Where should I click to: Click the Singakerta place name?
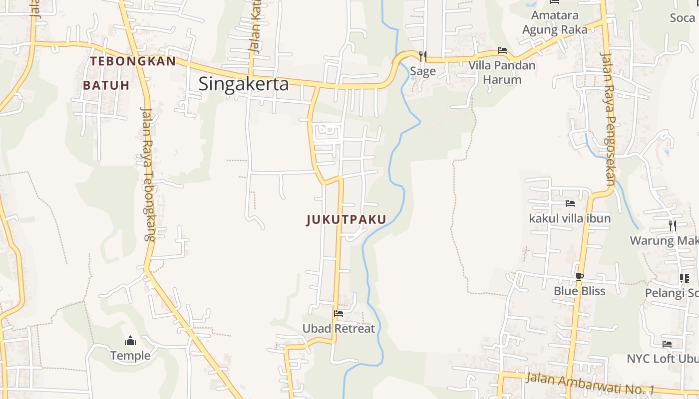click(244, 84)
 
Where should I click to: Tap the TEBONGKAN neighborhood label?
click(133, 61)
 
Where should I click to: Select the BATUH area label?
click(106, 85)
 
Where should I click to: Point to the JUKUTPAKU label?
click(347, 220)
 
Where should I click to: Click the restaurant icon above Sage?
click(423, 55)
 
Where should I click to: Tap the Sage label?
click(423, 71)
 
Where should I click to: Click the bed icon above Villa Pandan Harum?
click(502, 50)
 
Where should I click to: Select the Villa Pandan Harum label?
click(502, 72)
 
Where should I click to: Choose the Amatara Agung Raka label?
click(555, 22)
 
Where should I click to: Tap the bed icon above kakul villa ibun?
click(570, 203)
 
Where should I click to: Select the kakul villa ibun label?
click(570, 218)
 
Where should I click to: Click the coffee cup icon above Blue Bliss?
click(579, 276)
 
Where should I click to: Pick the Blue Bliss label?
click(579, 291)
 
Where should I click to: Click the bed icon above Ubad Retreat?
click(339, 314)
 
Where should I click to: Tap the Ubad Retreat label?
click(339, 329)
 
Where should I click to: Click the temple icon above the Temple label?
click(130, 341)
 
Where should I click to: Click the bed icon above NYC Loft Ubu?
click(667, 344)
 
